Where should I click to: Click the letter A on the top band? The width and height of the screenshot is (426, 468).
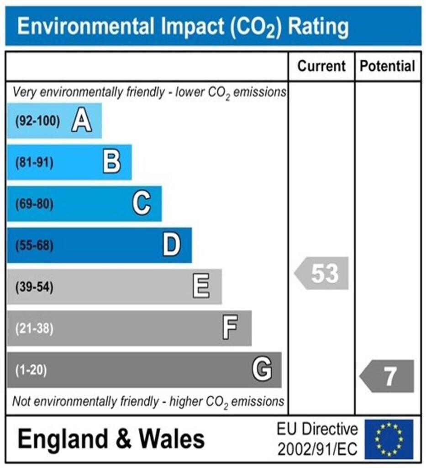tap(82, 122)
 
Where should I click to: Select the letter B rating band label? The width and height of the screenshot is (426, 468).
tap(112, 162)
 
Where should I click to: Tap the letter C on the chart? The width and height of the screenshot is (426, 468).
tap(142, 204)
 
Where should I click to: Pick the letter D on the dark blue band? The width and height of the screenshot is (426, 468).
tap(172, 245)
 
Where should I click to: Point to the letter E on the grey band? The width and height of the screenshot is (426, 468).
tap(201, 287)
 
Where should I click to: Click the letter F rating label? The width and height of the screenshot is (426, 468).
tap(230, 328)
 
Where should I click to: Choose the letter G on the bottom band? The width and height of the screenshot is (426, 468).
tap(262, 369)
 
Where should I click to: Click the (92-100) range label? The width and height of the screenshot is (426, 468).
tap(37, 122)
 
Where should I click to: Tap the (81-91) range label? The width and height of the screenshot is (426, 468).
tap(34, 163)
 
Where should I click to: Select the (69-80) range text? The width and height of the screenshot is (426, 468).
tap(34, 204)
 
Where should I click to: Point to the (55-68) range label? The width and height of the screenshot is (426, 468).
tap(34, 246)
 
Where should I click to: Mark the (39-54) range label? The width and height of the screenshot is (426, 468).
tap(34, 287)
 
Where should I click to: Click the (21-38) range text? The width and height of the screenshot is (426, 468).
tap(34, 329)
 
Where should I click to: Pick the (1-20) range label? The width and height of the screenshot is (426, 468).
tap(32, 370)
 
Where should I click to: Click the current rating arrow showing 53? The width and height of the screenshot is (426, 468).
tap(322, 273)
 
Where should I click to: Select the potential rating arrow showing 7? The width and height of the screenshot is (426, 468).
tap(388, 376)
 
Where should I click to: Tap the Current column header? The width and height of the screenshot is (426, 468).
tap(321, 66)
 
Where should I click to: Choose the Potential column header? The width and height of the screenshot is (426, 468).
tap(388, 66)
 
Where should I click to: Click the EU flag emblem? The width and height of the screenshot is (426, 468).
tap(389, 439)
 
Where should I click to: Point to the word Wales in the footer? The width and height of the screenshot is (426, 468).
tap(172, 439)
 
